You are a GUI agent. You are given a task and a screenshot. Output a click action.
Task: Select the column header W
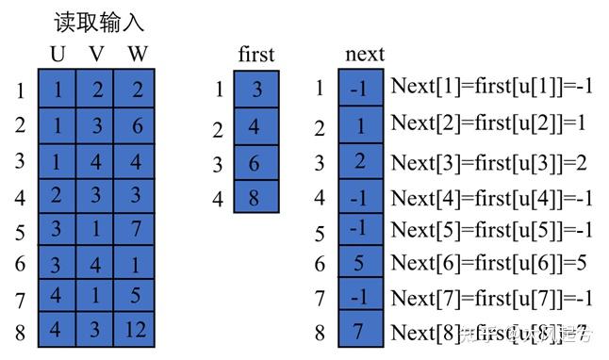click(138, 54)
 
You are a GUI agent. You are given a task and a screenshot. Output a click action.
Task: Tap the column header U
click(58, 54)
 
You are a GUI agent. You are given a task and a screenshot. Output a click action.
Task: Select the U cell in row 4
click(57, 196)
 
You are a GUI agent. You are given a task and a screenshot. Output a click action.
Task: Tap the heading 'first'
click(255, 54)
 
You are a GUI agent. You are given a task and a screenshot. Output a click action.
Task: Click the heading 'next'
click(365, 54)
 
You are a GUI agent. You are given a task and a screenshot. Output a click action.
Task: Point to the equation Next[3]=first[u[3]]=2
click(489, 162)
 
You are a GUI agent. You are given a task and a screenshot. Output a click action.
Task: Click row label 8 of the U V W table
click(20, 333)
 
